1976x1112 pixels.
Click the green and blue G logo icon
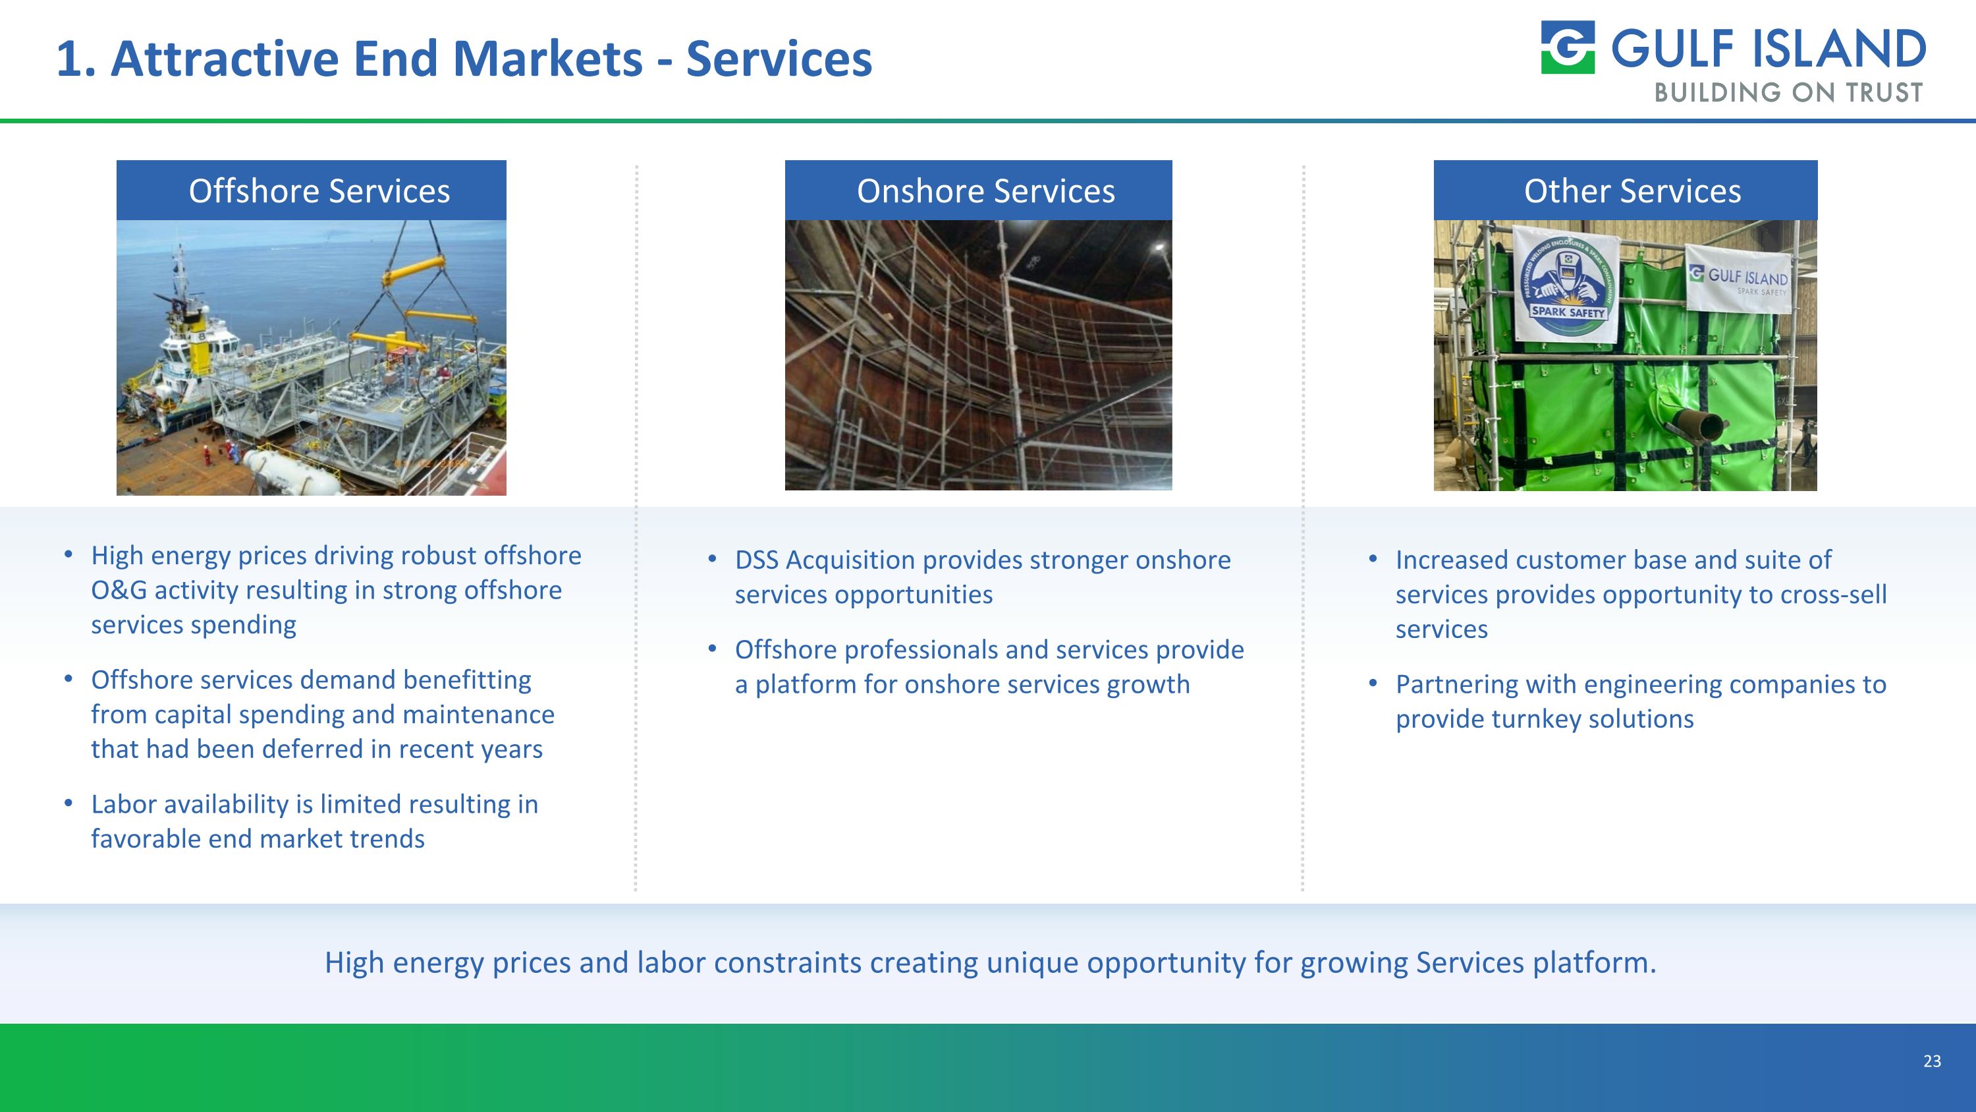(x=1567, y=47)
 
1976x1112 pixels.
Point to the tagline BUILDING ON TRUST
(x=1788, y=93)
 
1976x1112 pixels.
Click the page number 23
(x=1931, y=1061)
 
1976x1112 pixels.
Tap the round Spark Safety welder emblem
(x=1567, y=288)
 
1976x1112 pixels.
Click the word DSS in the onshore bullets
(x=756, y=560)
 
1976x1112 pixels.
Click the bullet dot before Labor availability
(x=69, y=803)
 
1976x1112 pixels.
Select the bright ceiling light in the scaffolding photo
(x=1159, y=247)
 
